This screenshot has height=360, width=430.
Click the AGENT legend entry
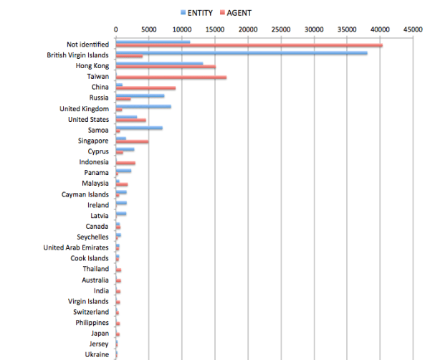click(x=236, y=12)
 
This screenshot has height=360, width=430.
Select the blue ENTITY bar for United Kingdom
click(x=143, y=107)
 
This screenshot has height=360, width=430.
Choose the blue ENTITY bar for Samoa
click(x=139, y=128)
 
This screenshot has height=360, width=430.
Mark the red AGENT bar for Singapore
click(x=132, y=142)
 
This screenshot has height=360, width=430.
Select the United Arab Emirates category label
click(x=76, y=247)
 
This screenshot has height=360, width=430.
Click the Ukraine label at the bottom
click(x=97, y=354)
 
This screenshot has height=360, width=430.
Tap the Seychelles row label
click(x=92, y=237)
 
